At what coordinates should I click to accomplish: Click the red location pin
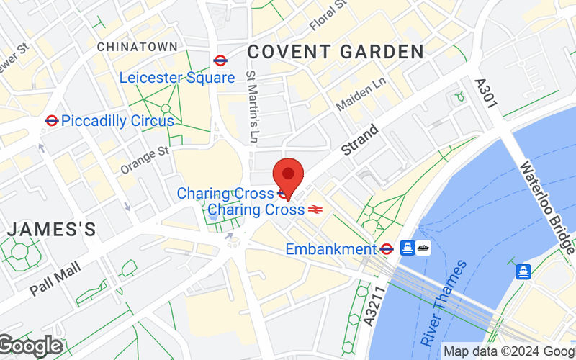point(289,175)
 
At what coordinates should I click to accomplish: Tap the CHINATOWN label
point(137,47)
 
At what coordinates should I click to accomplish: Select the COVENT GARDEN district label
point(336,52)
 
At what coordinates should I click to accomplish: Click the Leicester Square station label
point(177,78)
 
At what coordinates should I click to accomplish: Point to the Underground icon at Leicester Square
point(220,60)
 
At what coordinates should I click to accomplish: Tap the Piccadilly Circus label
point(117,121)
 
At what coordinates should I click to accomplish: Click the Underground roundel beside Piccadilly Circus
point(51,121)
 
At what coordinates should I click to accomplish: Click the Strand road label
point(359,140)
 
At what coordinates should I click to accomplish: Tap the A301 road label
point(486,94)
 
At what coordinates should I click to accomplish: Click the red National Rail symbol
point(315,210)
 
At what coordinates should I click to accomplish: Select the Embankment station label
point(331,249)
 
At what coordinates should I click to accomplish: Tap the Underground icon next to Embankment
point(387,249)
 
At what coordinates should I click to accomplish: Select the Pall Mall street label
point(55,279)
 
